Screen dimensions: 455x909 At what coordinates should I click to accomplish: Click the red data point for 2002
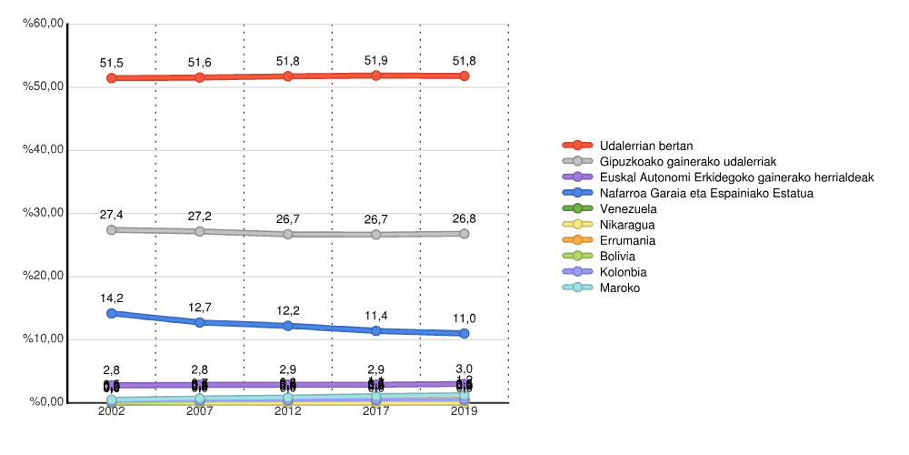tap(112, 78)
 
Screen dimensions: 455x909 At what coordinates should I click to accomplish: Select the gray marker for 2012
tap(288, 234)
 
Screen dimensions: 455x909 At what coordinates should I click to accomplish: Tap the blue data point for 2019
tap(464, 333)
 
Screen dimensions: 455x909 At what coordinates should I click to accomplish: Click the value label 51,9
tap(376, 61)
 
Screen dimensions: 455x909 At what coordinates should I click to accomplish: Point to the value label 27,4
tap(112, 215)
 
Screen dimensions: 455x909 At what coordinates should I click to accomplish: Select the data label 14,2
tap(112, 298)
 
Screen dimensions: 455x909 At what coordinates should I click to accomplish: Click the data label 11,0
tap(464, 318)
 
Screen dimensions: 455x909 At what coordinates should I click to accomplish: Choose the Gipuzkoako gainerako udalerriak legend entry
tap(693, 161)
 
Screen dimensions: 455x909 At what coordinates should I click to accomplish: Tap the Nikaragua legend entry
tap(627, 225)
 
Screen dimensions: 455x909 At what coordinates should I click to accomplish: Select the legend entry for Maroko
tap(620, 288)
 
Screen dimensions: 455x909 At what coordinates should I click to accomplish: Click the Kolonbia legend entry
tap(624, 272)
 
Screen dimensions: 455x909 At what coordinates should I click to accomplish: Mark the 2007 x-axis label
tap(200, 412)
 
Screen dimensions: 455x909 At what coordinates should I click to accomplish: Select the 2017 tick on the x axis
tap(376, 412)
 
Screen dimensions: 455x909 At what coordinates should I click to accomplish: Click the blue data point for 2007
tap(200, 322)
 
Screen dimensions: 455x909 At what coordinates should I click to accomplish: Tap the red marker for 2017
tap(376, 76)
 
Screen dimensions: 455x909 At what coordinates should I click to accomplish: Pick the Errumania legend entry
tap(627, 240)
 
